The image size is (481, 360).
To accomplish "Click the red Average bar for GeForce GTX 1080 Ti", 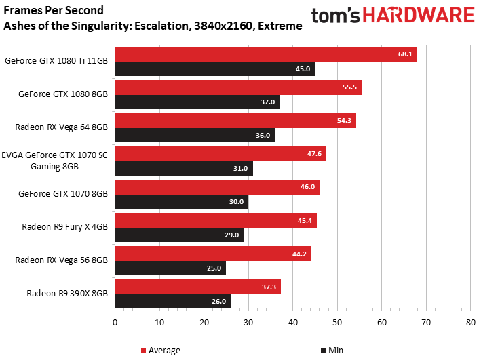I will coord(266,54).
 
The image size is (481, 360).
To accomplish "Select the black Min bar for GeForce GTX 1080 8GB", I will coord(197,102).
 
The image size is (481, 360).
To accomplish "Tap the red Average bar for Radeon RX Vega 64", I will coord(235,121).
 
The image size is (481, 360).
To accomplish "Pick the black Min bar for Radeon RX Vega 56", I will coord(170,268).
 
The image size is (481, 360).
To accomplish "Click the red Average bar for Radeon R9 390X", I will coord(198,287).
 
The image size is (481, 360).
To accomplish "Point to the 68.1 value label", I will coord(406,54).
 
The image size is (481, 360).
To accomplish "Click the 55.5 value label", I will coord(351,87).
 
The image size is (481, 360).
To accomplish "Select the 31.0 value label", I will coord(241,169).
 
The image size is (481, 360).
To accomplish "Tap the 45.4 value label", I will coord(306,220).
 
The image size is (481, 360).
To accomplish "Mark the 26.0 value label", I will coord(218,302).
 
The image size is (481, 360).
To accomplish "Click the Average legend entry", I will coord(161,351).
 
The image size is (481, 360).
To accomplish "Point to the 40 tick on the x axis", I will coord(292,322).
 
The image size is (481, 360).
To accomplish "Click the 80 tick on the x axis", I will coord(470,322).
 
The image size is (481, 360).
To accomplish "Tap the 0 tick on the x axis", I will coord(115,322).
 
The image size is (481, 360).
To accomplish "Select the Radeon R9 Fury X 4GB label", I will coord(64,227).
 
